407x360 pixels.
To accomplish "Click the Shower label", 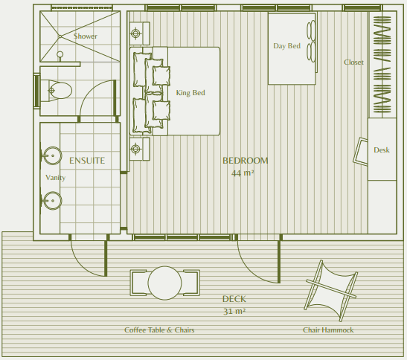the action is (86, 36).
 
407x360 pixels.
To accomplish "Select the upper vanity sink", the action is (52, 155).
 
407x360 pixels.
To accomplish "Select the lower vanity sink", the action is (52, 201).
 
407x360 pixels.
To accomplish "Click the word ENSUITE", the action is (87, 161).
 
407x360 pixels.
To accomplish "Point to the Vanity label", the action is (55, 178).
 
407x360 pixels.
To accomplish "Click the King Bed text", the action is (190, 93).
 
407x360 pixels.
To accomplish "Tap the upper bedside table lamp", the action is (135, 33).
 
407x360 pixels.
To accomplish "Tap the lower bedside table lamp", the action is (135, 150).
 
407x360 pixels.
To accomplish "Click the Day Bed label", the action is (286, 46).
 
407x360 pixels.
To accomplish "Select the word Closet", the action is (353, 62).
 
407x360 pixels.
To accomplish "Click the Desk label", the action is (382, 150).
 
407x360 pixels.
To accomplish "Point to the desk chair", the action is (361, 151).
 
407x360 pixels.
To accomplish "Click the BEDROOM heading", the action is (246, 161).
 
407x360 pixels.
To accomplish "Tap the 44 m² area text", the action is (243, 173).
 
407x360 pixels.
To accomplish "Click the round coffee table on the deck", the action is (164, 283).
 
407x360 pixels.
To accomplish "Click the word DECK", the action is (234, 299).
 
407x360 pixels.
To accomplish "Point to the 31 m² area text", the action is (234, 311).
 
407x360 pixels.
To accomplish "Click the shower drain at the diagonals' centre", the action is (60, 36).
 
